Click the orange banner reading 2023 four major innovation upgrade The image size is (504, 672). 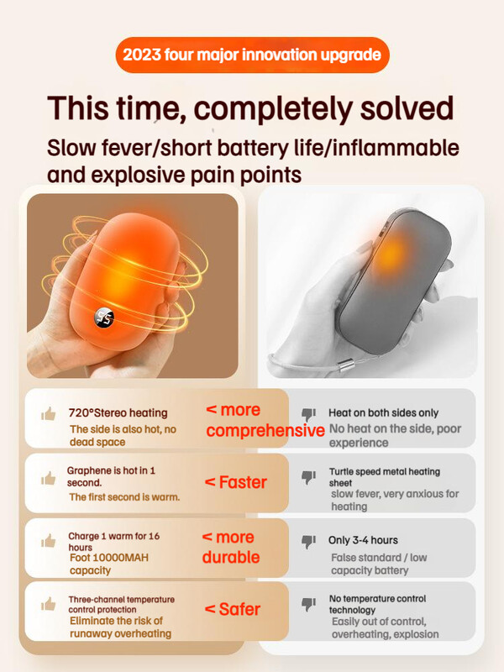(x=253, y=55)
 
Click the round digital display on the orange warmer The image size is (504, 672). (x=104, y=318)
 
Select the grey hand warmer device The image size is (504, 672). (x=395, y=281)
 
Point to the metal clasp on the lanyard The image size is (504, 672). (x=345, y=365)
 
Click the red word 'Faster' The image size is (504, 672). (x=243, y=482)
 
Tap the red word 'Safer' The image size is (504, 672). (x=239, y=609)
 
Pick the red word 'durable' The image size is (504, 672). (x=231, y=557)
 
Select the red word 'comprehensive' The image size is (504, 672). (x=265, y=431)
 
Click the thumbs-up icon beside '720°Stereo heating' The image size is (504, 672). (x=49, y=414)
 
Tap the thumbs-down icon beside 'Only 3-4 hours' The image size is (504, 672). (x=308, y=541)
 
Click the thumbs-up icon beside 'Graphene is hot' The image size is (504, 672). (x=49, y=478)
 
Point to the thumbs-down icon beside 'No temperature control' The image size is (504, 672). (x=308, y=604)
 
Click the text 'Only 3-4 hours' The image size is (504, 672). (x=363, y=540)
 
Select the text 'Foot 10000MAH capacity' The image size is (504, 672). (x=109, y=564)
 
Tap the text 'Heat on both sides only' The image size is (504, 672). (x=384, y=412)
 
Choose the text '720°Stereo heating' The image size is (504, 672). (x=118, y=412)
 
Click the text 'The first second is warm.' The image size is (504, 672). (x=124, y=497)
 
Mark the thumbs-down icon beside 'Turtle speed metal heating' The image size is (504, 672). (x=308, y=477)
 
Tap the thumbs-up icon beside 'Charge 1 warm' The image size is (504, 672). (x=49, y=541)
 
